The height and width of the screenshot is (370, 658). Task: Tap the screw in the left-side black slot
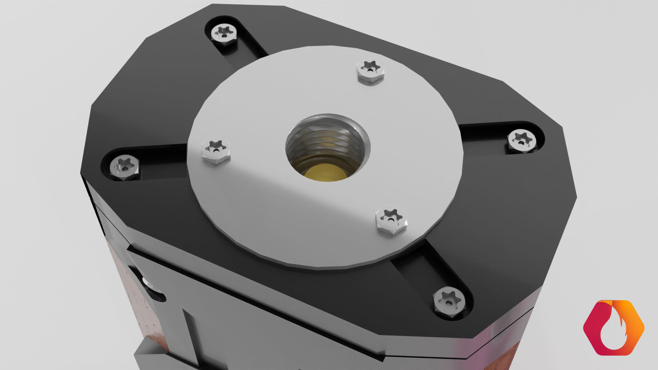coord(124,168)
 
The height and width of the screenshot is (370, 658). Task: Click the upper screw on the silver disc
coord(370,70)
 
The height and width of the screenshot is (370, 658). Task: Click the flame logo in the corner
coord(613,327)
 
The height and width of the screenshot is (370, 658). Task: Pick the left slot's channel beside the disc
coord(164,161)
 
